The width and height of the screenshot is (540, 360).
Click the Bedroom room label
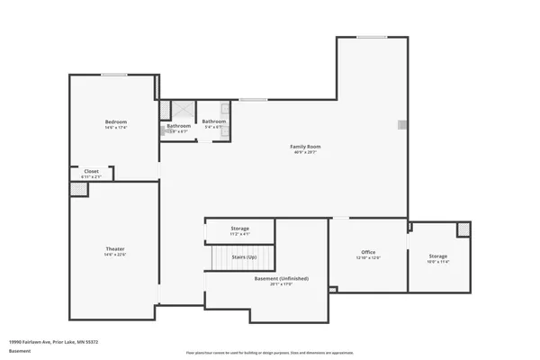point(115,121)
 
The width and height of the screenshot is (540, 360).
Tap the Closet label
point(92,170)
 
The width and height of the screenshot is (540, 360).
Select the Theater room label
point(115,247)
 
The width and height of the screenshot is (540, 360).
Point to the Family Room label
point(305,146)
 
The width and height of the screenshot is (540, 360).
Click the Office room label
point(369,252)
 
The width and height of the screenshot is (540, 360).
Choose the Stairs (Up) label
point(244,256)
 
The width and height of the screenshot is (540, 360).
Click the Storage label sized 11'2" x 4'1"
point(239,229)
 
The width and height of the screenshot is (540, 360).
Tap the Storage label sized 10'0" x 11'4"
point(437,256)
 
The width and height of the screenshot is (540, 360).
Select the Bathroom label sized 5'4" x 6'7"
point(213,121)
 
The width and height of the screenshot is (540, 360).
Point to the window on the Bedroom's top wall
point(113,75)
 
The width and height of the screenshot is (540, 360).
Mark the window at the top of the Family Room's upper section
point(372,37)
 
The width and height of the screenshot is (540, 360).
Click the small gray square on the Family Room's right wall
point(403,125)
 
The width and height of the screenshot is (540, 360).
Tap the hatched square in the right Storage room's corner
point(463,229)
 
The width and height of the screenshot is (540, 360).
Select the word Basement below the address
point(19,351)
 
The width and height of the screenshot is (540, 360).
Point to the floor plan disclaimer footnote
point(269,352)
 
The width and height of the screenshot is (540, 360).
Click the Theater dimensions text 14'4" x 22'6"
point(115,255)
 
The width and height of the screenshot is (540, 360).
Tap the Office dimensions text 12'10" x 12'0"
point(369,258)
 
